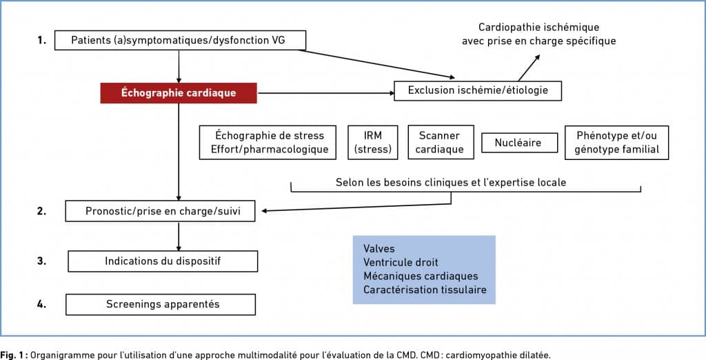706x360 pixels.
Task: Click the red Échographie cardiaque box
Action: click(179, 93)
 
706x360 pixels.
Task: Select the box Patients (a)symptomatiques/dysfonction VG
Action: click(180, 40)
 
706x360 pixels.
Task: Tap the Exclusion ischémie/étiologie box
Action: click(478, 90)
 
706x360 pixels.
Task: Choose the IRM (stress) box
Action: click(373, 142)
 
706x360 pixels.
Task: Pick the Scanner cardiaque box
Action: click(441, 142)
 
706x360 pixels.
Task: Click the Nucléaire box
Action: click(520, 143)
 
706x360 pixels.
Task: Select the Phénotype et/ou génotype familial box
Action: click(617, 142)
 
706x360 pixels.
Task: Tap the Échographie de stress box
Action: click(268, 142)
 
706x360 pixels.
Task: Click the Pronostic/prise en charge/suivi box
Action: click(160, 211)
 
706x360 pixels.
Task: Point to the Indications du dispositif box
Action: click(163, 261)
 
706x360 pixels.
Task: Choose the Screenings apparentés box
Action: click(161, 305)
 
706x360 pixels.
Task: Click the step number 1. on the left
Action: click(42, 41)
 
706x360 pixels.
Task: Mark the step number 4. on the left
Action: click(42, 304)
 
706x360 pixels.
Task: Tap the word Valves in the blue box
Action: click(379, 249)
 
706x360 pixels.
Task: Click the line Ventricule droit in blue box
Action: click(401, 262)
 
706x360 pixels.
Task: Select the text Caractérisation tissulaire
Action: click(425, 289)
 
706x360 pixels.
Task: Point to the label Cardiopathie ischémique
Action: click(539, 27)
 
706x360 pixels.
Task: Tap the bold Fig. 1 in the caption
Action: click(14, 355)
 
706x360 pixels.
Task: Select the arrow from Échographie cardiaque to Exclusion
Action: click(325, 93)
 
